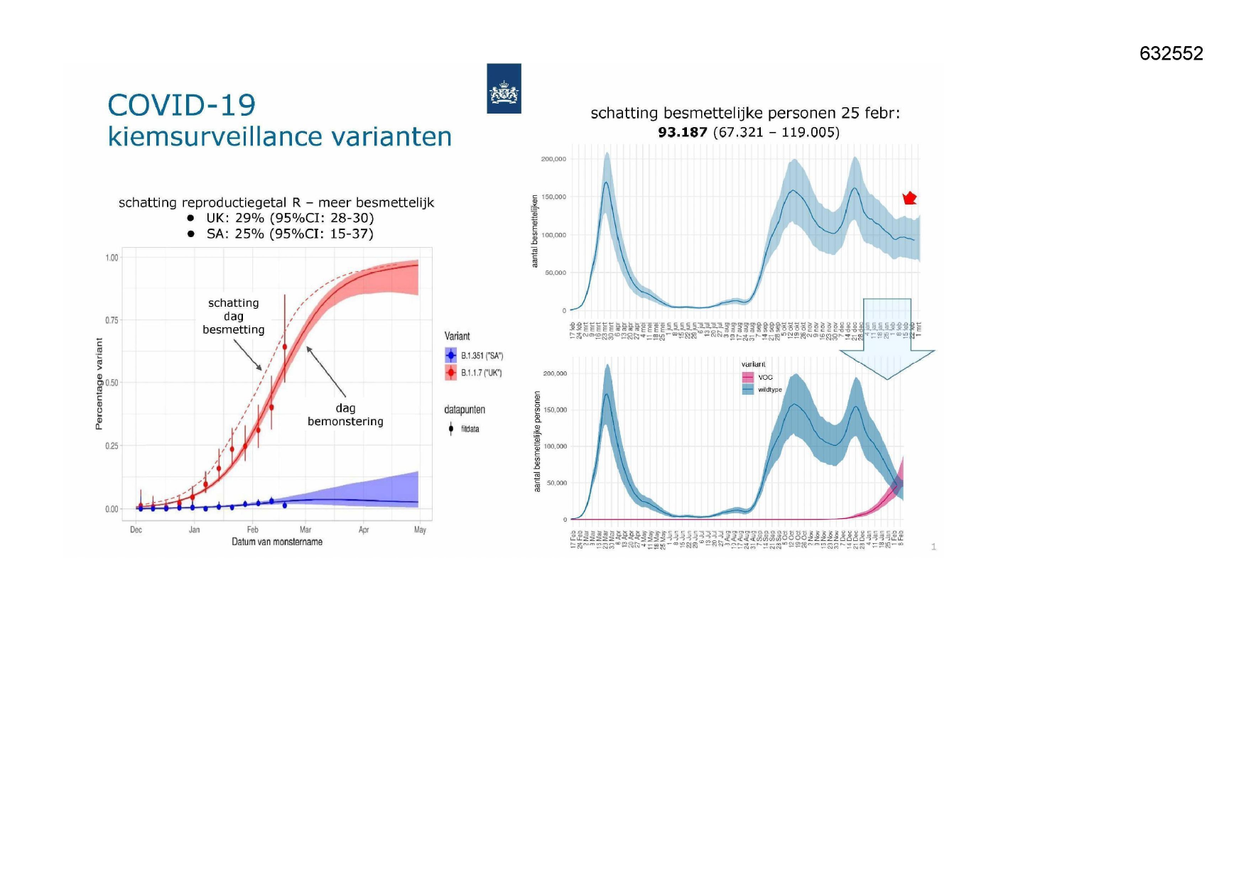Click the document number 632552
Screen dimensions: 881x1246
[x=1171, y=54]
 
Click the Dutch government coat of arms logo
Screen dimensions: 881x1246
[x=504, y=89]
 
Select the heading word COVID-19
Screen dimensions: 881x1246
[x=181, y=106]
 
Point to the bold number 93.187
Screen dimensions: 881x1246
[x=682, y=133]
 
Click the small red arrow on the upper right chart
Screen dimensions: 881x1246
[x=909, y=198]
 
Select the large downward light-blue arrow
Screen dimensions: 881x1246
[x=887, y=341]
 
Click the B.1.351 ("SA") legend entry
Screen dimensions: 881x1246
[x=475, y=356]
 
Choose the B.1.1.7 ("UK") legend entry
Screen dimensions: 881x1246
[x=474, y=373]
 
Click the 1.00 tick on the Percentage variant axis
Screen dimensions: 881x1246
[x=112, y=258]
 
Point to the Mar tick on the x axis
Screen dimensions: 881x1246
[x=305, y=530]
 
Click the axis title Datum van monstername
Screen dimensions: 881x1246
[x=277, y=542]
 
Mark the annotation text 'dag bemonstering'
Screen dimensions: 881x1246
[x=345, y=415]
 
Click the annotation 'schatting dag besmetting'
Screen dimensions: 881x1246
[x=234, y=316]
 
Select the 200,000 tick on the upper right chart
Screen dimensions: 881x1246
[x=553, y=159]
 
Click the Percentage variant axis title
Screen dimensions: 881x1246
[x=99, y=383]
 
